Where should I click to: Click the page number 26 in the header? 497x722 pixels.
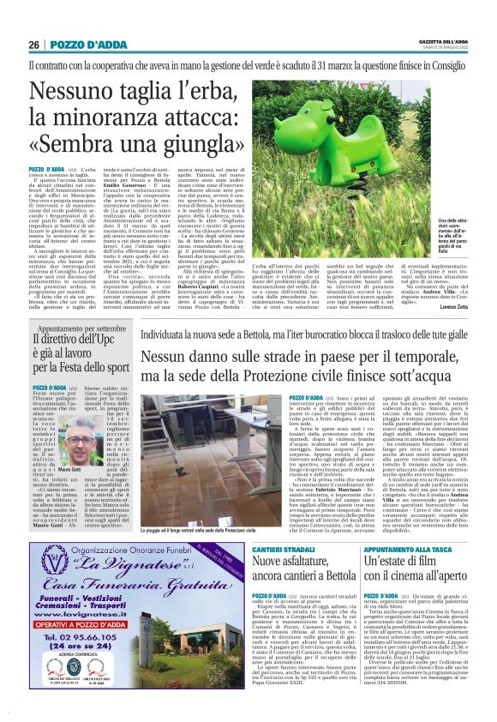(33, 45)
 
